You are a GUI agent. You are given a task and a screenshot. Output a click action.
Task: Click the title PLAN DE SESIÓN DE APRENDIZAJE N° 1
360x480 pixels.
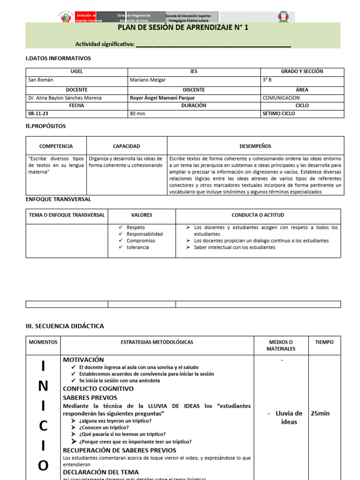point(183,28)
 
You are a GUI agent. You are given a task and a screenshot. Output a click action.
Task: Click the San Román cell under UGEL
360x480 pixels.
point(41,80)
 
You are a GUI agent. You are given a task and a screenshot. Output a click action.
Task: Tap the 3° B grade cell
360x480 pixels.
point(268,80)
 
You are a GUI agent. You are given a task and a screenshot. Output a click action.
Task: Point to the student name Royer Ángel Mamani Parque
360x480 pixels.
point(162,98)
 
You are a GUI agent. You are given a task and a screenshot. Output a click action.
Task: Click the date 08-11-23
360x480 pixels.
point(38,114)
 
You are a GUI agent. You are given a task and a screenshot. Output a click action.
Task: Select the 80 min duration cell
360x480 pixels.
point(137,114)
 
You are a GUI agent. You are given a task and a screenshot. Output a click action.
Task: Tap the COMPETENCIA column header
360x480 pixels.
point(56,146)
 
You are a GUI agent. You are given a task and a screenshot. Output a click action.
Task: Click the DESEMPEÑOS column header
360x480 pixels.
point(255,146)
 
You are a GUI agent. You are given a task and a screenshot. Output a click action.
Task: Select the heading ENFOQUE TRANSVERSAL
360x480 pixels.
point(58,199)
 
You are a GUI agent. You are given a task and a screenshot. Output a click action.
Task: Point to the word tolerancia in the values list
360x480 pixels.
point(138,247)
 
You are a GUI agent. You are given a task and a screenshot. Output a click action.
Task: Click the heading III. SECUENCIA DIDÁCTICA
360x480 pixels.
point(65,326)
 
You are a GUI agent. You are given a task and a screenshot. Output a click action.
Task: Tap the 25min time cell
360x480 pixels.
point(320,413)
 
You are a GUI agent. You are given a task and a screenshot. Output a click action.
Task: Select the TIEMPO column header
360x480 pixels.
point(324,342)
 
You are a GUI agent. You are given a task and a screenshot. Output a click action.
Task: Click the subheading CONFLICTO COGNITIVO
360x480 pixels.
point(98,389)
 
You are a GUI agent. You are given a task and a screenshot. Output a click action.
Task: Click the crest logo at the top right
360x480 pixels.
point(283,17)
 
